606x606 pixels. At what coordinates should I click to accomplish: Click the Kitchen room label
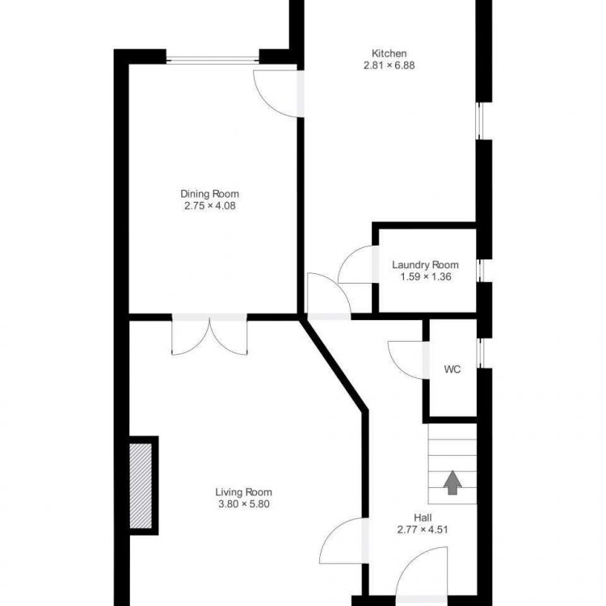(389, 53)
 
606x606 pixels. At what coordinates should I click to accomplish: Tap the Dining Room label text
(209, 194)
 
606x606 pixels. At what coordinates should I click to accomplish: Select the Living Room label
(243, 492)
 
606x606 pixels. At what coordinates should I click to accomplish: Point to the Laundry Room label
(425, 265)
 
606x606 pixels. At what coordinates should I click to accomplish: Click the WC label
(452, 369)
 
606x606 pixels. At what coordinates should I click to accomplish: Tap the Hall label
(423, 518)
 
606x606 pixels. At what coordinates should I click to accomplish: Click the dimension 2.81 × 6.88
(389, 65)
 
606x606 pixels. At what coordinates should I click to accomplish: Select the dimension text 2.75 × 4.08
(209, 206)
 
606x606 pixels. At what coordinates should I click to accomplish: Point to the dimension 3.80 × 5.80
(243, 504)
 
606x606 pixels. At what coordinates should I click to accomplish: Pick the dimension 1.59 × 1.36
(426, 277)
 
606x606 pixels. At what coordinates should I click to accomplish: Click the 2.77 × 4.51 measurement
(423, 530)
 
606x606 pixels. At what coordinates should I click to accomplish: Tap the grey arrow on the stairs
(452, 482)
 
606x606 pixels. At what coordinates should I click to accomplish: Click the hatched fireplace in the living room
(141, 486)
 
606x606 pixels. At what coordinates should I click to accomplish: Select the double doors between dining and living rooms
(209, 335)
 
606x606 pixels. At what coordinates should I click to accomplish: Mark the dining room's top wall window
(213, 60)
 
